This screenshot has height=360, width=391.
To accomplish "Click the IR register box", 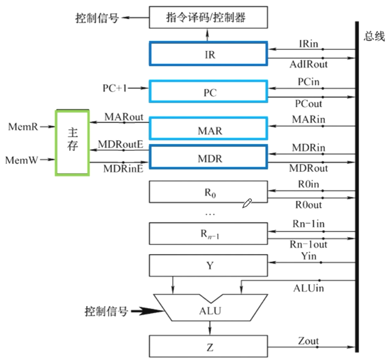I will coord(208,54).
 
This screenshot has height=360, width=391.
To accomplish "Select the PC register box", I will coord(208,93).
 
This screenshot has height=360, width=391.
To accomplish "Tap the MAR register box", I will coord(208,129).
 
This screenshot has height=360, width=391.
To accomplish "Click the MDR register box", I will coord(208,158).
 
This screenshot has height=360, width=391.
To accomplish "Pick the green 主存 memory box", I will coord(72,142).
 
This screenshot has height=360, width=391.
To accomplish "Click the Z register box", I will coord(210,347).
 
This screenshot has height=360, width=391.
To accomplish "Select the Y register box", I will coord(210,266).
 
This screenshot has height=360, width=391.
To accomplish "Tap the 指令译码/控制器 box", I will coord(208,18).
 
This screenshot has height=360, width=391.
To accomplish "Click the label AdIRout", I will coord(309,65).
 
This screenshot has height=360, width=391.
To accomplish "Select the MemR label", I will coord(23,127).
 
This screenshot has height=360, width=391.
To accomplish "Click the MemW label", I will coord(21,160).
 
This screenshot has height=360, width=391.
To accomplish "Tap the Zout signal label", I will coord(308,341).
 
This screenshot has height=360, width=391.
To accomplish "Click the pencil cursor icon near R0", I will coord(247,203).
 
